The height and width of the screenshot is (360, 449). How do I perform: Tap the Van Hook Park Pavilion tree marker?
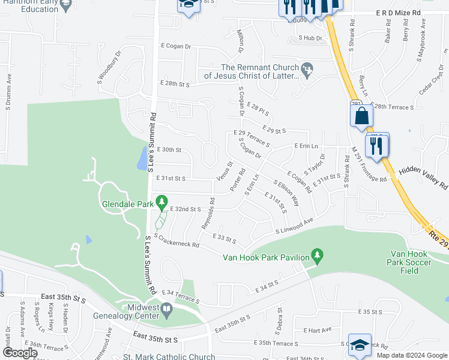[318, 257]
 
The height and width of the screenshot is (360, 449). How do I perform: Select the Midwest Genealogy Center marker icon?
[167, 310]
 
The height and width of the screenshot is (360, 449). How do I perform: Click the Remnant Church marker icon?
[308, 70]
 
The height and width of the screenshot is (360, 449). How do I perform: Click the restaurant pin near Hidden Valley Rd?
[377, 145]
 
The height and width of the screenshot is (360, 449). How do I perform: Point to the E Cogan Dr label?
[175, 46]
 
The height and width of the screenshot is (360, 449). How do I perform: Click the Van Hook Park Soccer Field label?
[409, 262]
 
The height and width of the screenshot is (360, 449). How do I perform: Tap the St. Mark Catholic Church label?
[169, 356]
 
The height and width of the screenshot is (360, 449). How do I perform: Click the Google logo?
[19, 353]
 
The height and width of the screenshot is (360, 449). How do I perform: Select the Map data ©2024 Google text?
[412, 355]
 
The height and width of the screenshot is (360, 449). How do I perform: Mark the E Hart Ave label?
[318, 330]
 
